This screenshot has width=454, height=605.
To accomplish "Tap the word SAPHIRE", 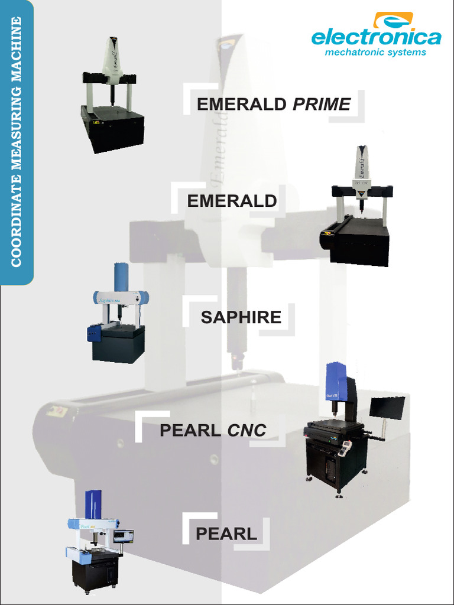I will pos(241,317).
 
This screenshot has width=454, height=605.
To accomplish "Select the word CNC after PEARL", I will pos(247,431).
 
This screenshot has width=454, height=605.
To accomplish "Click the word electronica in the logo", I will pos(376,38).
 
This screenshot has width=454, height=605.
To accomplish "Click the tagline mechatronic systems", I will pos(375,53).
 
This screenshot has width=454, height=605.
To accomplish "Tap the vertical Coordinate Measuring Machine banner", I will pos(16,142).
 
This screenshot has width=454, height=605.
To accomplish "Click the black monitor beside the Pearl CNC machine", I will pos(387,408).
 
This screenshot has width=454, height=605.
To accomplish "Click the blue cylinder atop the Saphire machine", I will pos(121,277).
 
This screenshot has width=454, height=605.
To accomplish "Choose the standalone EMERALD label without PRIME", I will pos(232,201).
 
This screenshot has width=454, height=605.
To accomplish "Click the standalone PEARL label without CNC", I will pos(226,534).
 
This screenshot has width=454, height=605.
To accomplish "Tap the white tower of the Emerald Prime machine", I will pos(112,58).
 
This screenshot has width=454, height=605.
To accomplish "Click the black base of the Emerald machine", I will pos(359,242).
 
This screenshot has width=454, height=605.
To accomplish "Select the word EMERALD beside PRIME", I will pos(242,105).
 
